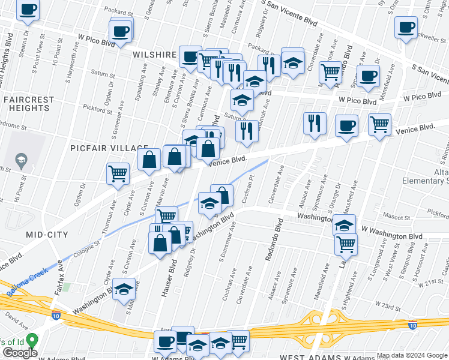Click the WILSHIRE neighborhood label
pyautogui.click(x=154, y=54)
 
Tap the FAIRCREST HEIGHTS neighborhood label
pyautogui.click(x=26, y=103)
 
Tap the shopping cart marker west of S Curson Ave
pyautogui.click(x=118, y=173)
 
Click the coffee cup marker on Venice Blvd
pyautogui.click(x=346, y=126)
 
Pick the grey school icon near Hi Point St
pyautogui.click(x=22, y=160)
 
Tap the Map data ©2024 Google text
pyautogui.click(x=412, y=355)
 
